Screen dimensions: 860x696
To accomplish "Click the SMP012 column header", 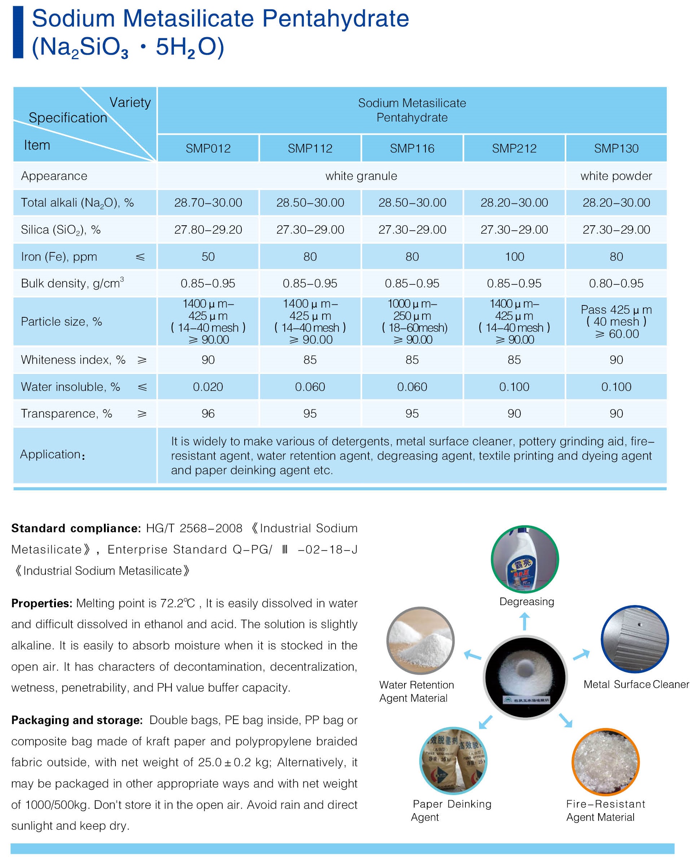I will tap(208, 148).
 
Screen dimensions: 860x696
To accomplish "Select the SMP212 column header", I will tap(514, 148).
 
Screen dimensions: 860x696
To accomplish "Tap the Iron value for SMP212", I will tap(514, 256).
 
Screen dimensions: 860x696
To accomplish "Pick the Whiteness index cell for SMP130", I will tap(616, 360).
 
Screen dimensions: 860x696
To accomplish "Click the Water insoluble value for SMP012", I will tap(208, 387).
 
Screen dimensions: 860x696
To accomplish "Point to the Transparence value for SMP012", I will tap(208, 413).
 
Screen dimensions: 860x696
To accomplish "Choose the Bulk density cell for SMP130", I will tap(616, 283).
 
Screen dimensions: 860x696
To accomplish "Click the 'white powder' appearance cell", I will tap(616, 176).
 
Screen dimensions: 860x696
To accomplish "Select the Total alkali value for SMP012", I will tap(208, 202).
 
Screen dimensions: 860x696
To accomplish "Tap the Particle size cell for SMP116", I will tap(412, 321).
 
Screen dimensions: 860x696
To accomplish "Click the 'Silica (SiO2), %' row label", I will tap(61, 230).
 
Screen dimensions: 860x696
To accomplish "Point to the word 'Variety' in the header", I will tap(130, 103).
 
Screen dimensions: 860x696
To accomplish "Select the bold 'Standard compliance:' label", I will tap(76, 528).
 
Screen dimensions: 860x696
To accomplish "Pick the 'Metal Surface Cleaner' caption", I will tap(636, 684).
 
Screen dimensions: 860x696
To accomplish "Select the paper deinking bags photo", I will tap(453, 760).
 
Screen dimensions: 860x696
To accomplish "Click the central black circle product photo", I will tap(525, 677).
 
